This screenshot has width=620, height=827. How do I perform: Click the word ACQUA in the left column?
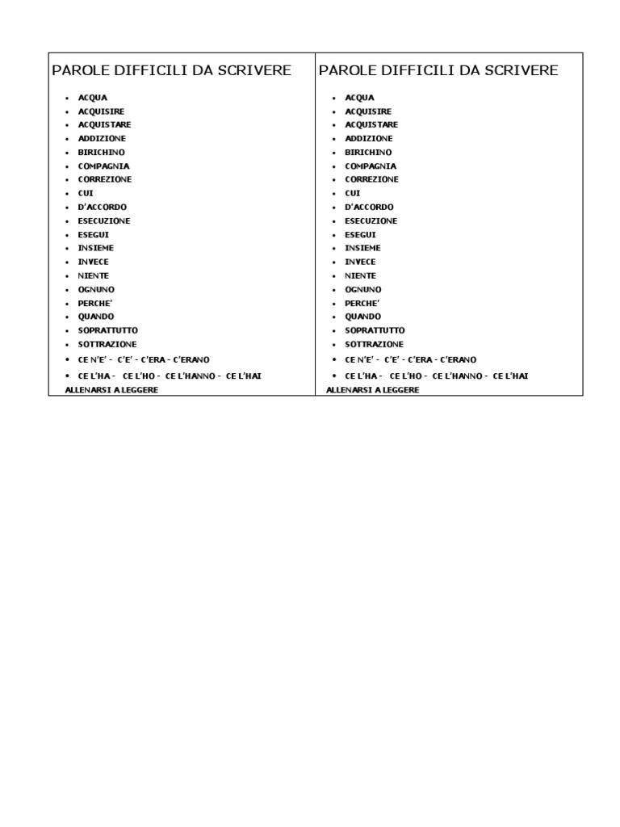pos(92,98)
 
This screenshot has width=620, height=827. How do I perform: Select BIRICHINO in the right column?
pos(368,153)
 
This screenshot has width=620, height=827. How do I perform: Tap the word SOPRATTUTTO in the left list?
pos(107,331)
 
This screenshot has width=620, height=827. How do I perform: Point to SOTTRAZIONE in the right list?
pos(374,345)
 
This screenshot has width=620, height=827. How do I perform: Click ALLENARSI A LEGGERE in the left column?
pos(111,390)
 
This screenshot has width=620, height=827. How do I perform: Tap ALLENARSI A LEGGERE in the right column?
pos(373,390)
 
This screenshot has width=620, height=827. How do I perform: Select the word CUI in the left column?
pos(86,194)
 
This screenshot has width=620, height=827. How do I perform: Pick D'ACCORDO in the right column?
pos(369,208)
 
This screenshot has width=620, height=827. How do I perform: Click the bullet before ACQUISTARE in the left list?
pos(68,125)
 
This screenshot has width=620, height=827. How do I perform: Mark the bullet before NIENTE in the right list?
pos(335,276)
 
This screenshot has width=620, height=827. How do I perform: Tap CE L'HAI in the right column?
pos(510,376)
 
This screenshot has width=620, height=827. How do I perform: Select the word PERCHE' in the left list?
pos(95,304)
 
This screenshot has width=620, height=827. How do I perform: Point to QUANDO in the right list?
pos(363,317)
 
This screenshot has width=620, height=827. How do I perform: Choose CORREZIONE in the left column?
pos(105,179)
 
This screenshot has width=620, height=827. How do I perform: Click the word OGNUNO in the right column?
pos(363,290)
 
